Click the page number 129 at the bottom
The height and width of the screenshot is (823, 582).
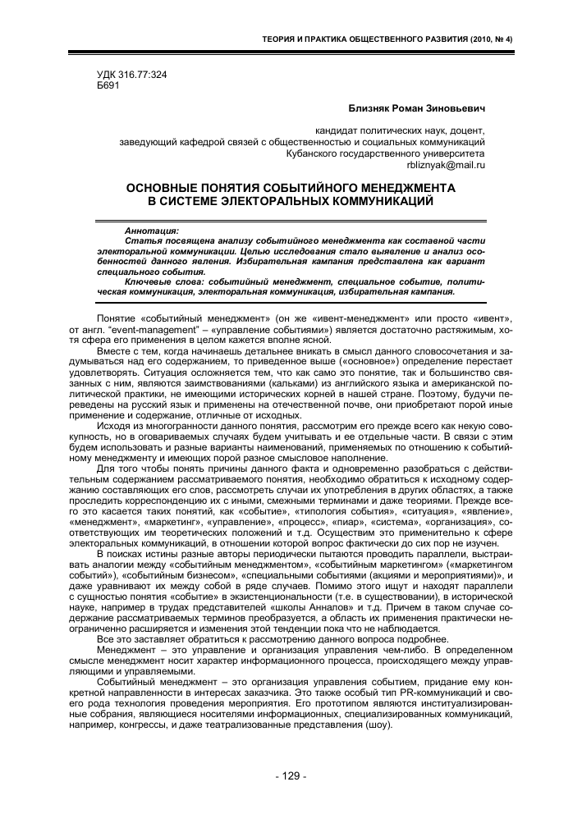click(x=291, y=775)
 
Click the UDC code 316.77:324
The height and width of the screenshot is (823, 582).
click(x=132, y=75)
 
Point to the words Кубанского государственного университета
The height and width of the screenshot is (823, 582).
click(x=386, y=153)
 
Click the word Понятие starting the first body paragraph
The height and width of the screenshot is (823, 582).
click(x=117, y=318)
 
